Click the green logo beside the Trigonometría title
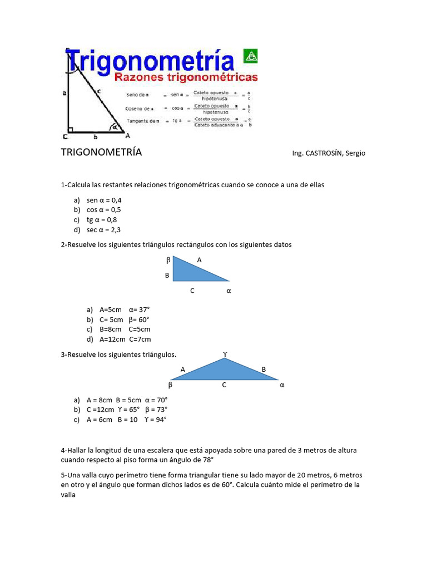[250, 56]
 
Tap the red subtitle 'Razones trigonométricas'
[186, 77]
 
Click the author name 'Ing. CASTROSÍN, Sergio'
[328, 153]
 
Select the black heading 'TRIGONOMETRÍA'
[101, 152]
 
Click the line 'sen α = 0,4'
[104, 200]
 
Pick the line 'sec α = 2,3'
[103, 229]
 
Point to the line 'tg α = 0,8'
[102, 219]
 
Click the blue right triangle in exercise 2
[192, 271]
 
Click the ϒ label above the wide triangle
[225, 354]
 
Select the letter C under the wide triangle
[224, 385]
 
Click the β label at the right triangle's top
[168, 260]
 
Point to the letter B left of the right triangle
[167, 275]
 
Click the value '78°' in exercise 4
[206, 460]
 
